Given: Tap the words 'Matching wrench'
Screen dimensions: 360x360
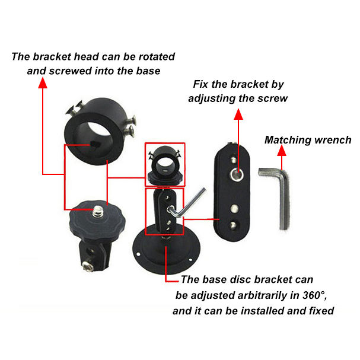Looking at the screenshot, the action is click(x=308, y=141).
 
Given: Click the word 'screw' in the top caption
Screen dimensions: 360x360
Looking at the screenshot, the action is click(x=274, y=98).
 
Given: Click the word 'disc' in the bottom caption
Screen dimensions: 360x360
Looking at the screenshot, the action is click(x=253, y=279).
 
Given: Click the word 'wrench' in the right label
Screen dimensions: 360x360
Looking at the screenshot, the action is click(x=333, y=141).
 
